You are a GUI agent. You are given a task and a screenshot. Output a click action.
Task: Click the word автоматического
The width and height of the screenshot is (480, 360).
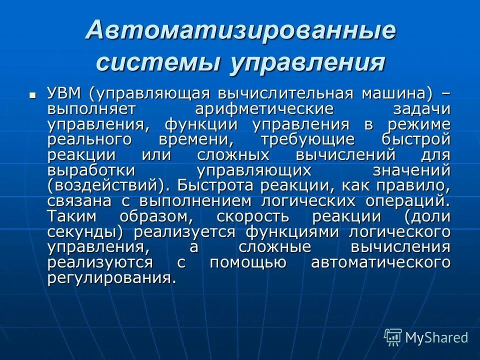(380, 262)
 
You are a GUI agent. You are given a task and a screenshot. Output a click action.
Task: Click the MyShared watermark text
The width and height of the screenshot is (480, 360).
(436, 337)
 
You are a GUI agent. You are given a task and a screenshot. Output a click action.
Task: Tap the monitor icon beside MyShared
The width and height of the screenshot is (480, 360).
(393, 337)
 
